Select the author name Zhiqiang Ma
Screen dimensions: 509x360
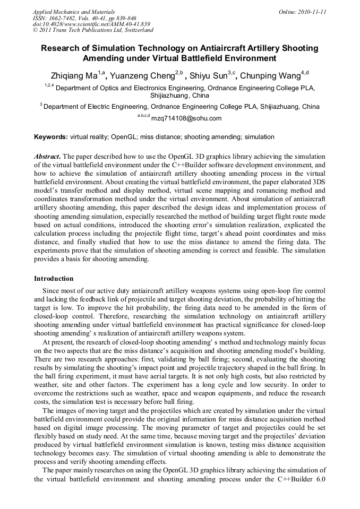pos(73,75)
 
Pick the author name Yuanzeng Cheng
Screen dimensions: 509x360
pos(144,75)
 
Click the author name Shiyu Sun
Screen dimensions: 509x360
pos(209,75)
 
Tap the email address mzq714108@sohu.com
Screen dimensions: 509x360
pos(186,118)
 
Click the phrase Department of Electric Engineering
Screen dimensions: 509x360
pos(96,107)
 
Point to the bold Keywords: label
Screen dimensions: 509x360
pos(51,137)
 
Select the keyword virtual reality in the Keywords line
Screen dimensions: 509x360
pos(89,137)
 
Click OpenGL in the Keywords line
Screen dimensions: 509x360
pos(124,137)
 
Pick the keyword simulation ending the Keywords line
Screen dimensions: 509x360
pos(260,137)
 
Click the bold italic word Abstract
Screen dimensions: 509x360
pos(47,157)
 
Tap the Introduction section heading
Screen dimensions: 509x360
pos(54,279)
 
